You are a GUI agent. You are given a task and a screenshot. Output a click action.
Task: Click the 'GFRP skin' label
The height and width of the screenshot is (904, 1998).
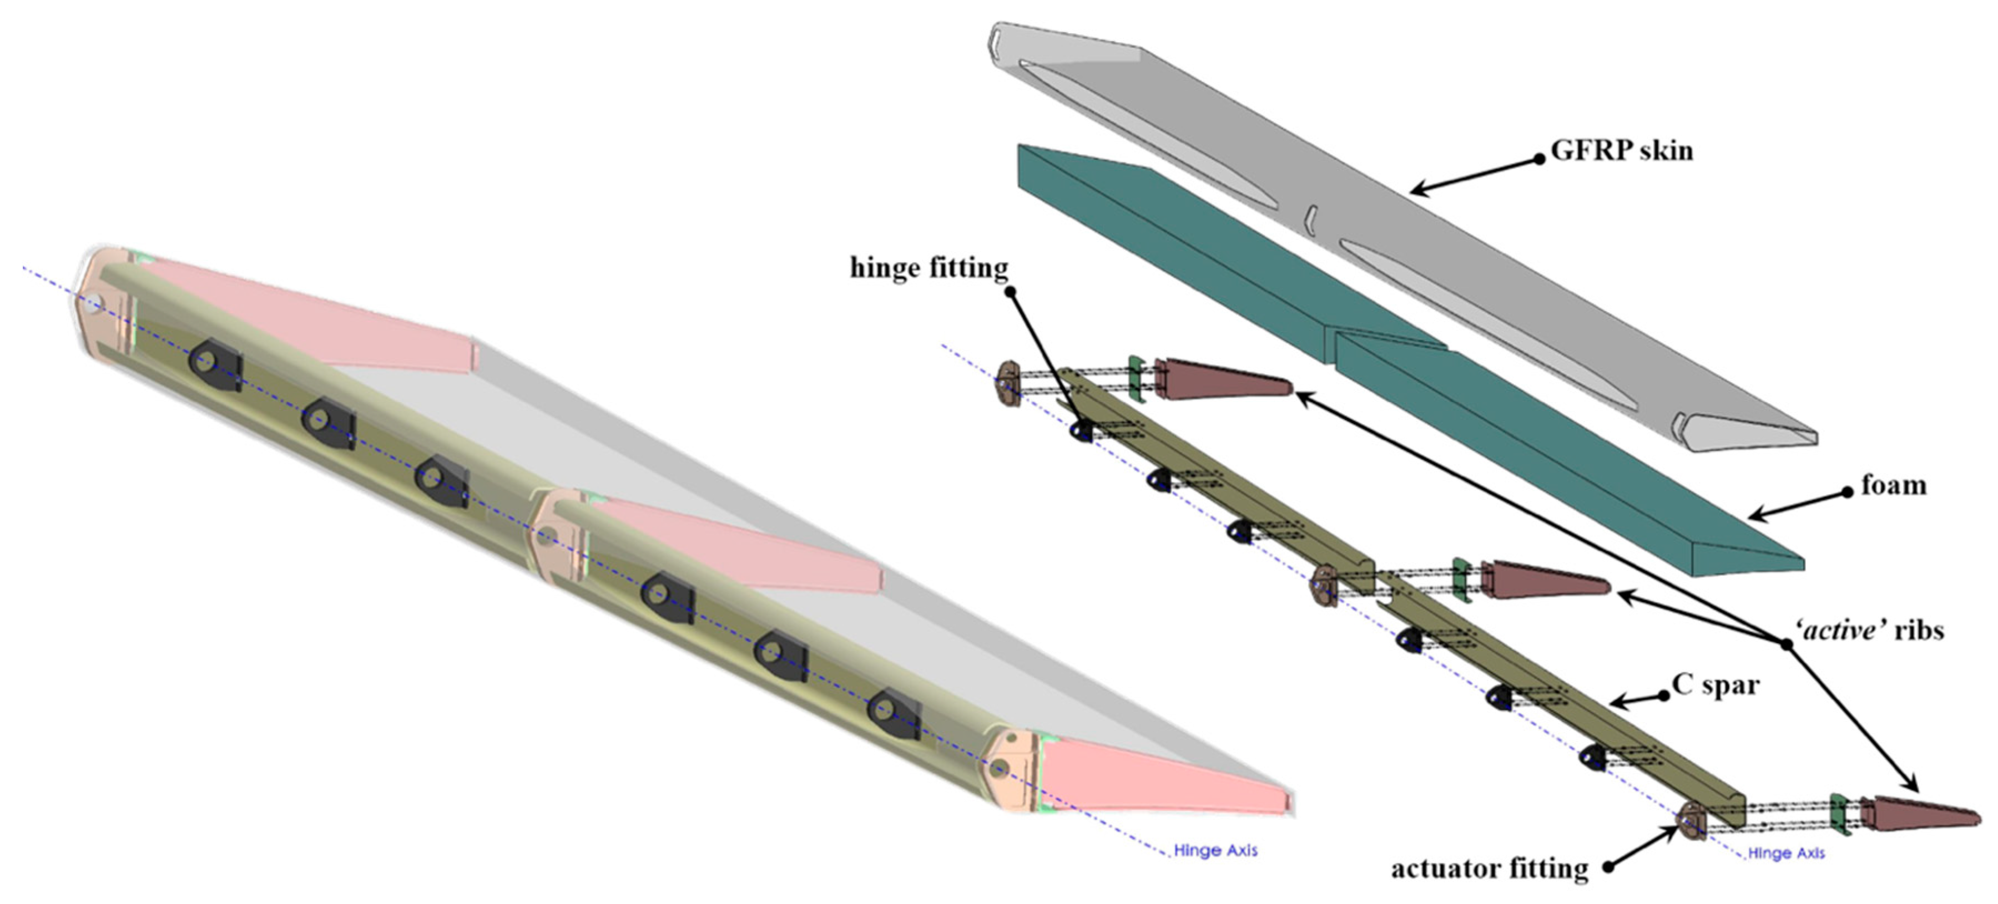coord(1621,150)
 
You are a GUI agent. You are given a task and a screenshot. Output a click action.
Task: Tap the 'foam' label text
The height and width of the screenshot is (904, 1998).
coord(1893,486)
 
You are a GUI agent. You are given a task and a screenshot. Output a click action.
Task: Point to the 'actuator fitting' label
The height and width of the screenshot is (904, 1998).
coord(1489,869)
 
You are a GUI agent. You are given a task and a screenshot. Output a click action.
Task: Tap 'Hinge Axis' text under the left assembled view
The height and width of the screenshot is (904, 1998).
coord(1215,851)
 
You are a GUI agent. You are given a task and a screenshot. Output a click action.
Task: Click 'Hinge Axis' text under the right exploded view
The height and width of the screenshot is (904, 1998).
coord(1785,854)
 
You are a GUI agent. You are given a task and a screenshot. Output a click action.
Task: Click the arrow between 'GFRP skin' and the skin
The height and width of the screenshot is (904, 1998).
coord(1474,175)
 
